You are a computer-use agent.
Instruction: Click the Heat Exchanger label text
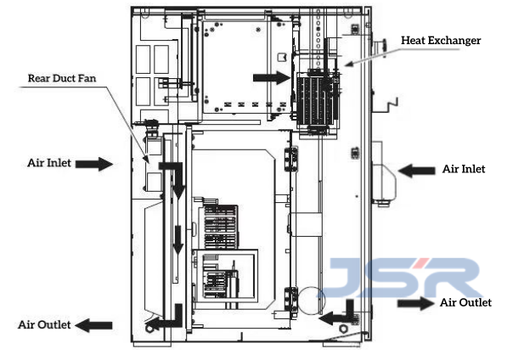(x=441, y=40)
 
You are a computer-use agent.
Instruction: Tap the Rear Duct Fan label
(x=62, y=78)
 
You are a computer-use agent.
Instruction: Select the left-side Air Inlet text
(x=49, y=162)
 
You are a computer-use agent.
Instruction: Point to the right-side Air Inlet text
(x=464, y=169)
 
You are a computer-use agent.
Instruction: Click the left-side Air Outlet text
(x=44, y=324)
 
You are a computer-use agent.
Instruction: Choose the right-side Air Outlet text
(x=465, y=302)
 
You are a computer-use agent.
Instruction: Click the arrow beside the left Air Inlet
(x=94, y=164)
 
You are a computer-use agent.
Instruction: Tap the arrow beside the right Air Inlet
(x=416, y=171)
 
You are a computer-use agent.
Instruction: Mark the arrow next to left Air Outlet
(x=93, y=325)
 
